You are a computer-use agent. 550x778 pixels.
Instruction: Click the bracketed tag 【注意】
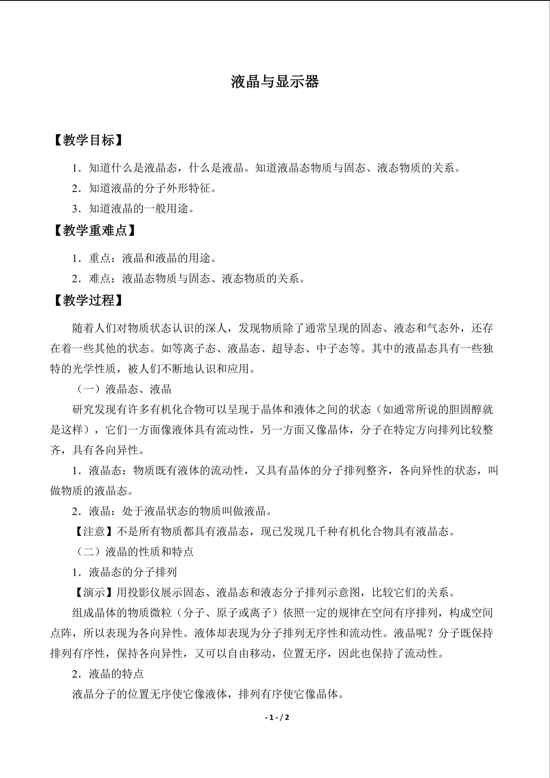(x=94, y=531)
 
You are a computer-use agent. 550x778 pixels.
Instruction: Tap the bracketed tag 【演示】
(x=94, y=592)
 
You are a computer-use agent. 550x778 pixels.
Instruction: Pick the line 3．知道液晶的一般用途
(x=134, y=208)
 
